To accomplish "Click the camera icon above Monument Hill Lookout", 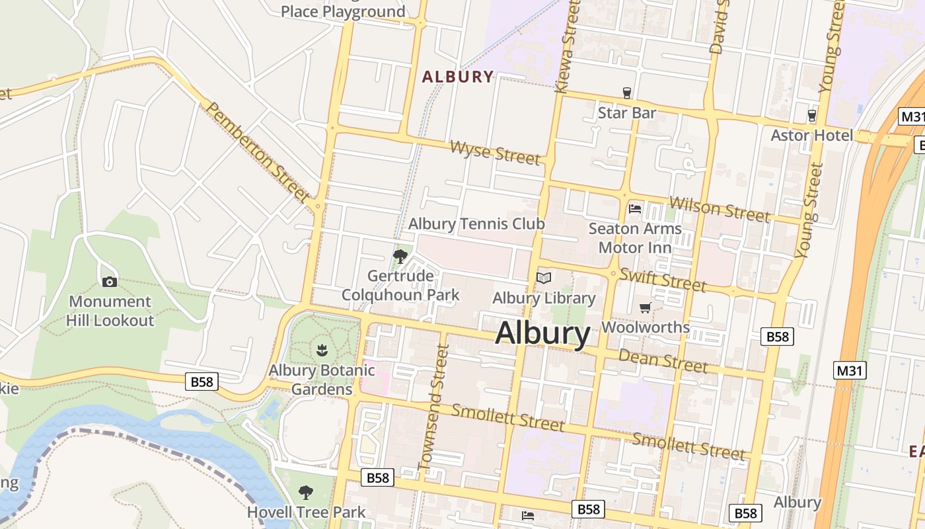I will pyautogui.click(x=110, y=282).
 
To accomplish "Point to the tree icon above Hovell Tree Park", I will pyautogui.click(x=305, y=492).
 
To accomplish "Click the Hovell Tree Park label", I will pyautogui.click(x=306, y=512).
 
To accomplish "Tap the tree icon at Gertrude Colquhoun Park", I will pyautogui.click(x=400, y=257).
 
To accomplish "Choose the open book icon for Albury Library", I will pyautogui.click(x=544, y=278).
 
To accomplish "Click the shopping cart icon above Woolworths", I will pyautogui.click(x=646, y=307).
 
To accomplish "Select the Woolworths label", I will pyautogui.click(x=646, y=327).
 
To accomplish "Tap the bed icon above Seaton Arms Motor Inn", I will pyautogui.click(x=635, y=209).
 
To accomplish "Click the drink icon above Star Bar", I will pyautogui.click(x=627, y=93).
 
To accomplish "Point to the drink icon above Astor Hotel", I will pyautogui.click(x=812, y=116).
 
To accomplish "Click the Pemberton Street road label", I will pyautogui.click(x=258, y=152).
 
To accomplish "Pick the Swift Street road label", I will pyautogui.click(x=663, y=280).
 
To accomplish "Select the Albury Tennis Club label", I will pyautogui.click(x=476, y=224).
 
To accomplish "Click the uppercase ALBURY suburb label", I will pyautogui.click(x=458, y=77).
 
